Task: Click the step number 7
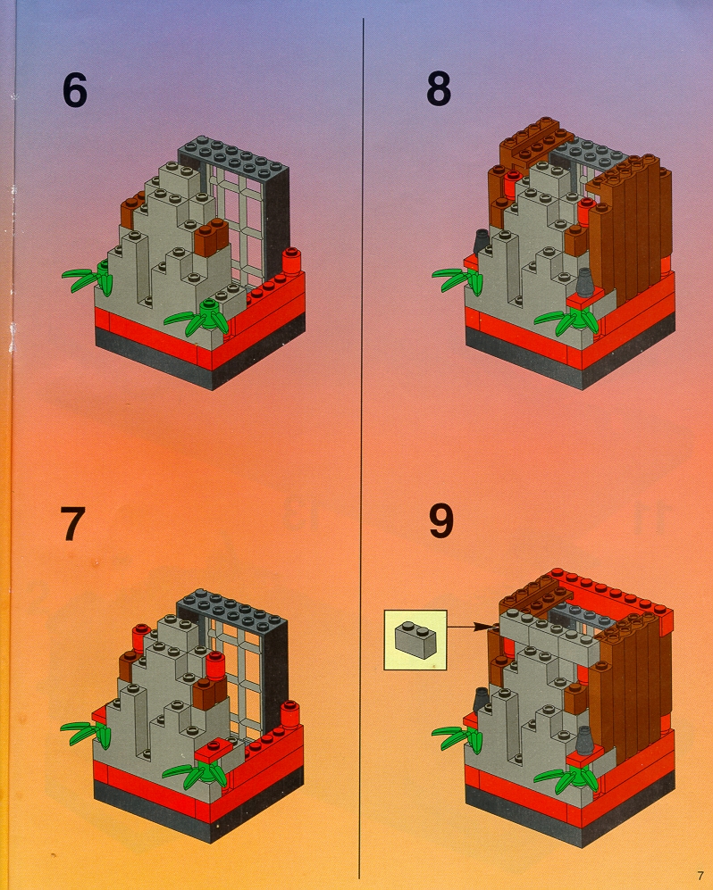coord(72,524)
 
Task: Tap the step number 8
coord(439,88)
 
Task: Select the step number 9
coord(440,521)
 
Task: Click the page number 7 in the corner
coord(700,875)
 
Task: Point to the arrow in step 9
coord(472,627)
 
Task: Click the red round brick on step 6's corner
coord(291,261)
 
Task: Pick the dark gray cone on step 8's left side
coord(482,242)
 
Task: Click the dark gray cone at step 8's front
coord(584,283)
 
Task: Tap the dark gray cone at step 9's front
coord(584,741)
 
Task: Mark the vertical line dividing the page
coord(361,448)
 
